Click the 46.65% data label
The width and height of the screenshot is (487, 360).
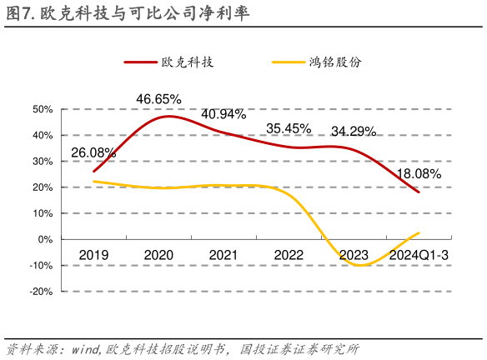(158, 99)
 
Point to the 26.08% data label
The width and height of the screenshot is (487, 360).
(93, 152)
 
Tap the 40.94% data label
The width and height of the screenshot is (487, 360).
(223, 114)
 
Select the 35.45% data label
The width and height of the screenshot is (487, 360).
(289, 128)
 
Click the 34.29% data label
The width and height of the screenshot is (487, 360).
(354, 131)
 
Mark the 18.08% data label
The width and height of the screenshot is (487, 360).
(419, 173)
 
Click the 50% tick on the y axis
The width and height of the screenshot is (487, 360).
(43, 109)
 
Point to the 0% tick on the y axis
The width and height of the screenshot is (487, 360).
(45, 239)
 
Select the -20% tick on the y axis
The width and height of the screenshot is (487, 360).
(42, 292)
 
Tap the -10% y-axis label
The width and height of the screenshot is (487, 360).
(42, 266)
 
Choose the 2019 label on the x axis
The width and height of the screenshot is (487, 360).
(93, 253)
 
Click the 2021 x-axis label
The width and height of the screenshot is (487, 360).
(223, 253)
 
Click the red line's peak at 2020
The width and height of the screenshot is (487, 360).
(168, 116)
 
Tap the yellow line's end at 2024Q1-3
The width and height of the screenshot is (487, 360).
(419, 232)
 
